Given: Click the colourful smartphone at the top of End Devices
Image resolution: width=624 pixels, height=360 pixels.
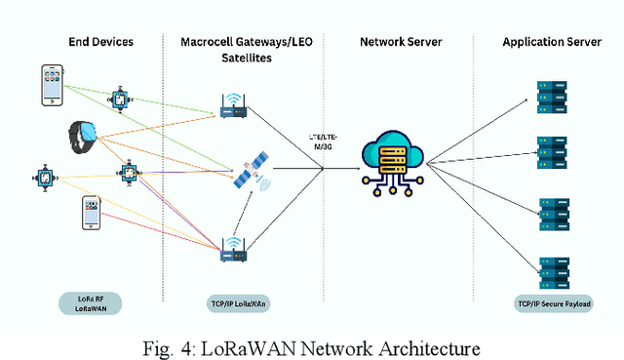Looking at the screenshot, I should point(53,86).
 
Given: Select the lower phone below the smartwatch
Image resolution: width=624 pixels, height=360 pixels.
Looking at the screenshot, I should point(90,213).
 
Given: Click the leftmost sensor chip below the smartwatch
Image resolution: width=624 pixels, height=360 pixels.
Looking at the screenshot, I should point(45,177).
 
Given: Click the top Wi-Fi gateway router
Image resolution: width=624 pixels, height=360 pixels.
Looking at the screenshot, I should point(234,107).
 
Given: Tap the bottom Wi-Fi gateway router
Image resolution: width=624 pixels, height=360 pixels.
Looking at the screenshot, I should point(234,251).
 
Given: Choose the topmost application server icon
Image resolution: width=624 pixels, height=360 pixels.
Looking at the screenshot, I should point(552,98).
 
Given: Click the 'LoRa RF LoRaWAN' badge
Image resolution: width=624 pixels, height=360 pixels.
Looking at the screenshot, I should point(88,303).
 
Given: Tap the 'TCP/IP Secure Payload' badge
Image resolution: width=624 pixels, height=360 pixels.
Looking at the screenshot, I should point(553,303).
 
